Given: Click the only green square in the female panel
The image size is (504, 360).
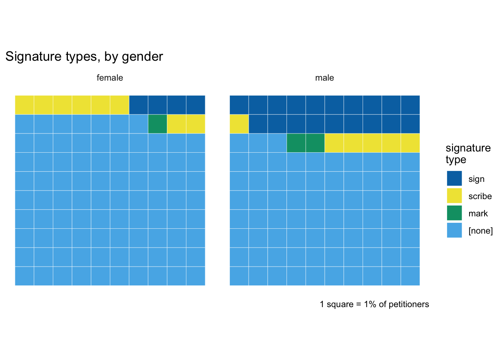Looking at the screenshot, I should [157, 124].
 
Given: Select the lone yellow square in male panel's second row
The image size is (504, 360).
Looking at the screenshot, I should [239, 124].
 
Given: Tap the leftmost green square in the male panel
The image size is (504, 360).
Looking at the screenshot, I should [296, 143].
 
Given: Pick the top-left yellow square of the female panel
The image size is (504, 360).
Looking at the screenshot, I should [24, 105].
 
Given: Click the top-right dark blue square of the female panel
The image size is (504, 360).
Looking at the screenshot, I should [196, 105].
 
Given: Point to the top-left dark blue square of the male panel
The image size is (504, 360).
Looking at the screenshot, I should [239, 105].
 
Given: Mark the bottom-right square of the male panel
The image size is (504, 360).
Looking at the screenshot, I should [410, 276].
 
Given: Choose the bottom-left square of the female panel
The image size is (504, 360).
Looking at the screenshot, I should [24, 276].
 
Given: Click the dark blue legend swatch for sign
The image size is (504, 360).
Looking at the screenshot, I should [454, 178].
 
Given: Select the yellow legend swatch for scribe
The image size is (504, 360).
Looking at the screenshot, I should [454, 196].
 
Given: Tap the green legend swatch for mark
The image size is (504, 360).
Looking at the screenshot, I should [454, 213].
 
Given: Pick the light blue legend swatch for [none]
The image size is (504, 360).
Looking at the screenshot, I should [454, 230].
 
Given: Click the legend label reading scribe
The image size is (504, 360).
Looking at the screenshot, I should [480, 196].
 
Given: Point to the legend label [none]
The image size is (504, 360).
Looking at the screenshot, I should [480, 231].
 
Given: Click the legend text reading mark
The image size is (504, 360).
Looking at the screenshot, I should [478, 213].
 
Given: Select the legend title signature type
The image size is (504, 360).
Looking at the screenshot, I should [468, 153].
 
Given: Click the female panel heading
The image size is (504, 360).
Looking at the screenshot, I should [110, 78].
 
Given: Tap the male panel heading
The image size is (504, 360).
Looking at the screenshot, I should [324, 78].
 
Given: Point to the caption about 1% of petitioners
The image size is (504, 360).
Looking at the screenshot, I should [374, 304].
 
